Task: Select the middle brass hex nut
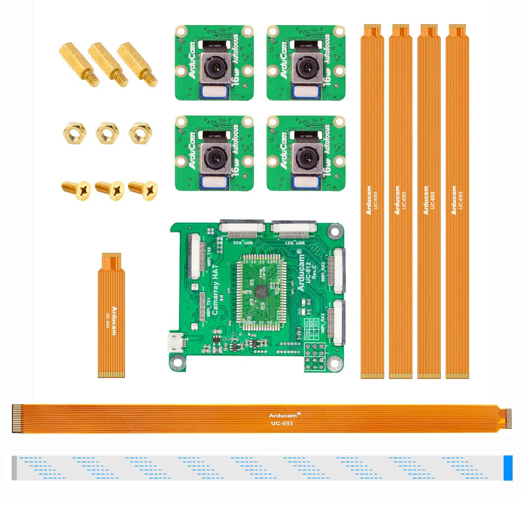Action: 107,132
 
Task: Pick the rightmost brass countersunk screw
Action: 143,190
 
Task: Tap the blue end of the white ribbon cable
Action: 508,468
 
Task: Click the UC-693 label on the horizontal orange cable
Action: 281,423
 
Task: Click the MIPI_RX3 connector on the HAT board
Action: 338,319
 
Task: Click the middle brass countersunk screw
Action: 110,190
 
